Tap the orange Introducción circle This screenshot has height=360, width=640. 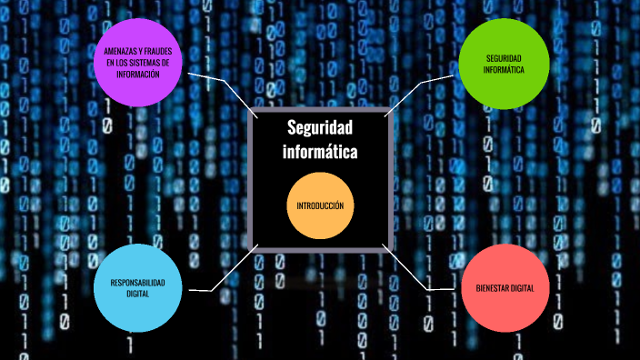[320, 206]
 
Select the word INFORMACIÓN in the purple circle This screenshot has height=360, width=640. [138, 75]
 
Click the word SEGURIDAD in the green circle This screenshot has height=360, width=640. [503, 58]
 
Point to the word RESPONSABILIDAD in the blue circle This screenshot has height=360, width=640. [137, 283]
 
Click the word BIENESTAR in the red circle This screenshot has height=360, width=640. [491, 288]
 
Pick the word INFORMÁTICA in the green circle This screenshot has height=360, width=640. [503, 70]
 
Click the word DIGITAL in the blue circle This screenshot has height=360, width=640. [137, 294]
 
